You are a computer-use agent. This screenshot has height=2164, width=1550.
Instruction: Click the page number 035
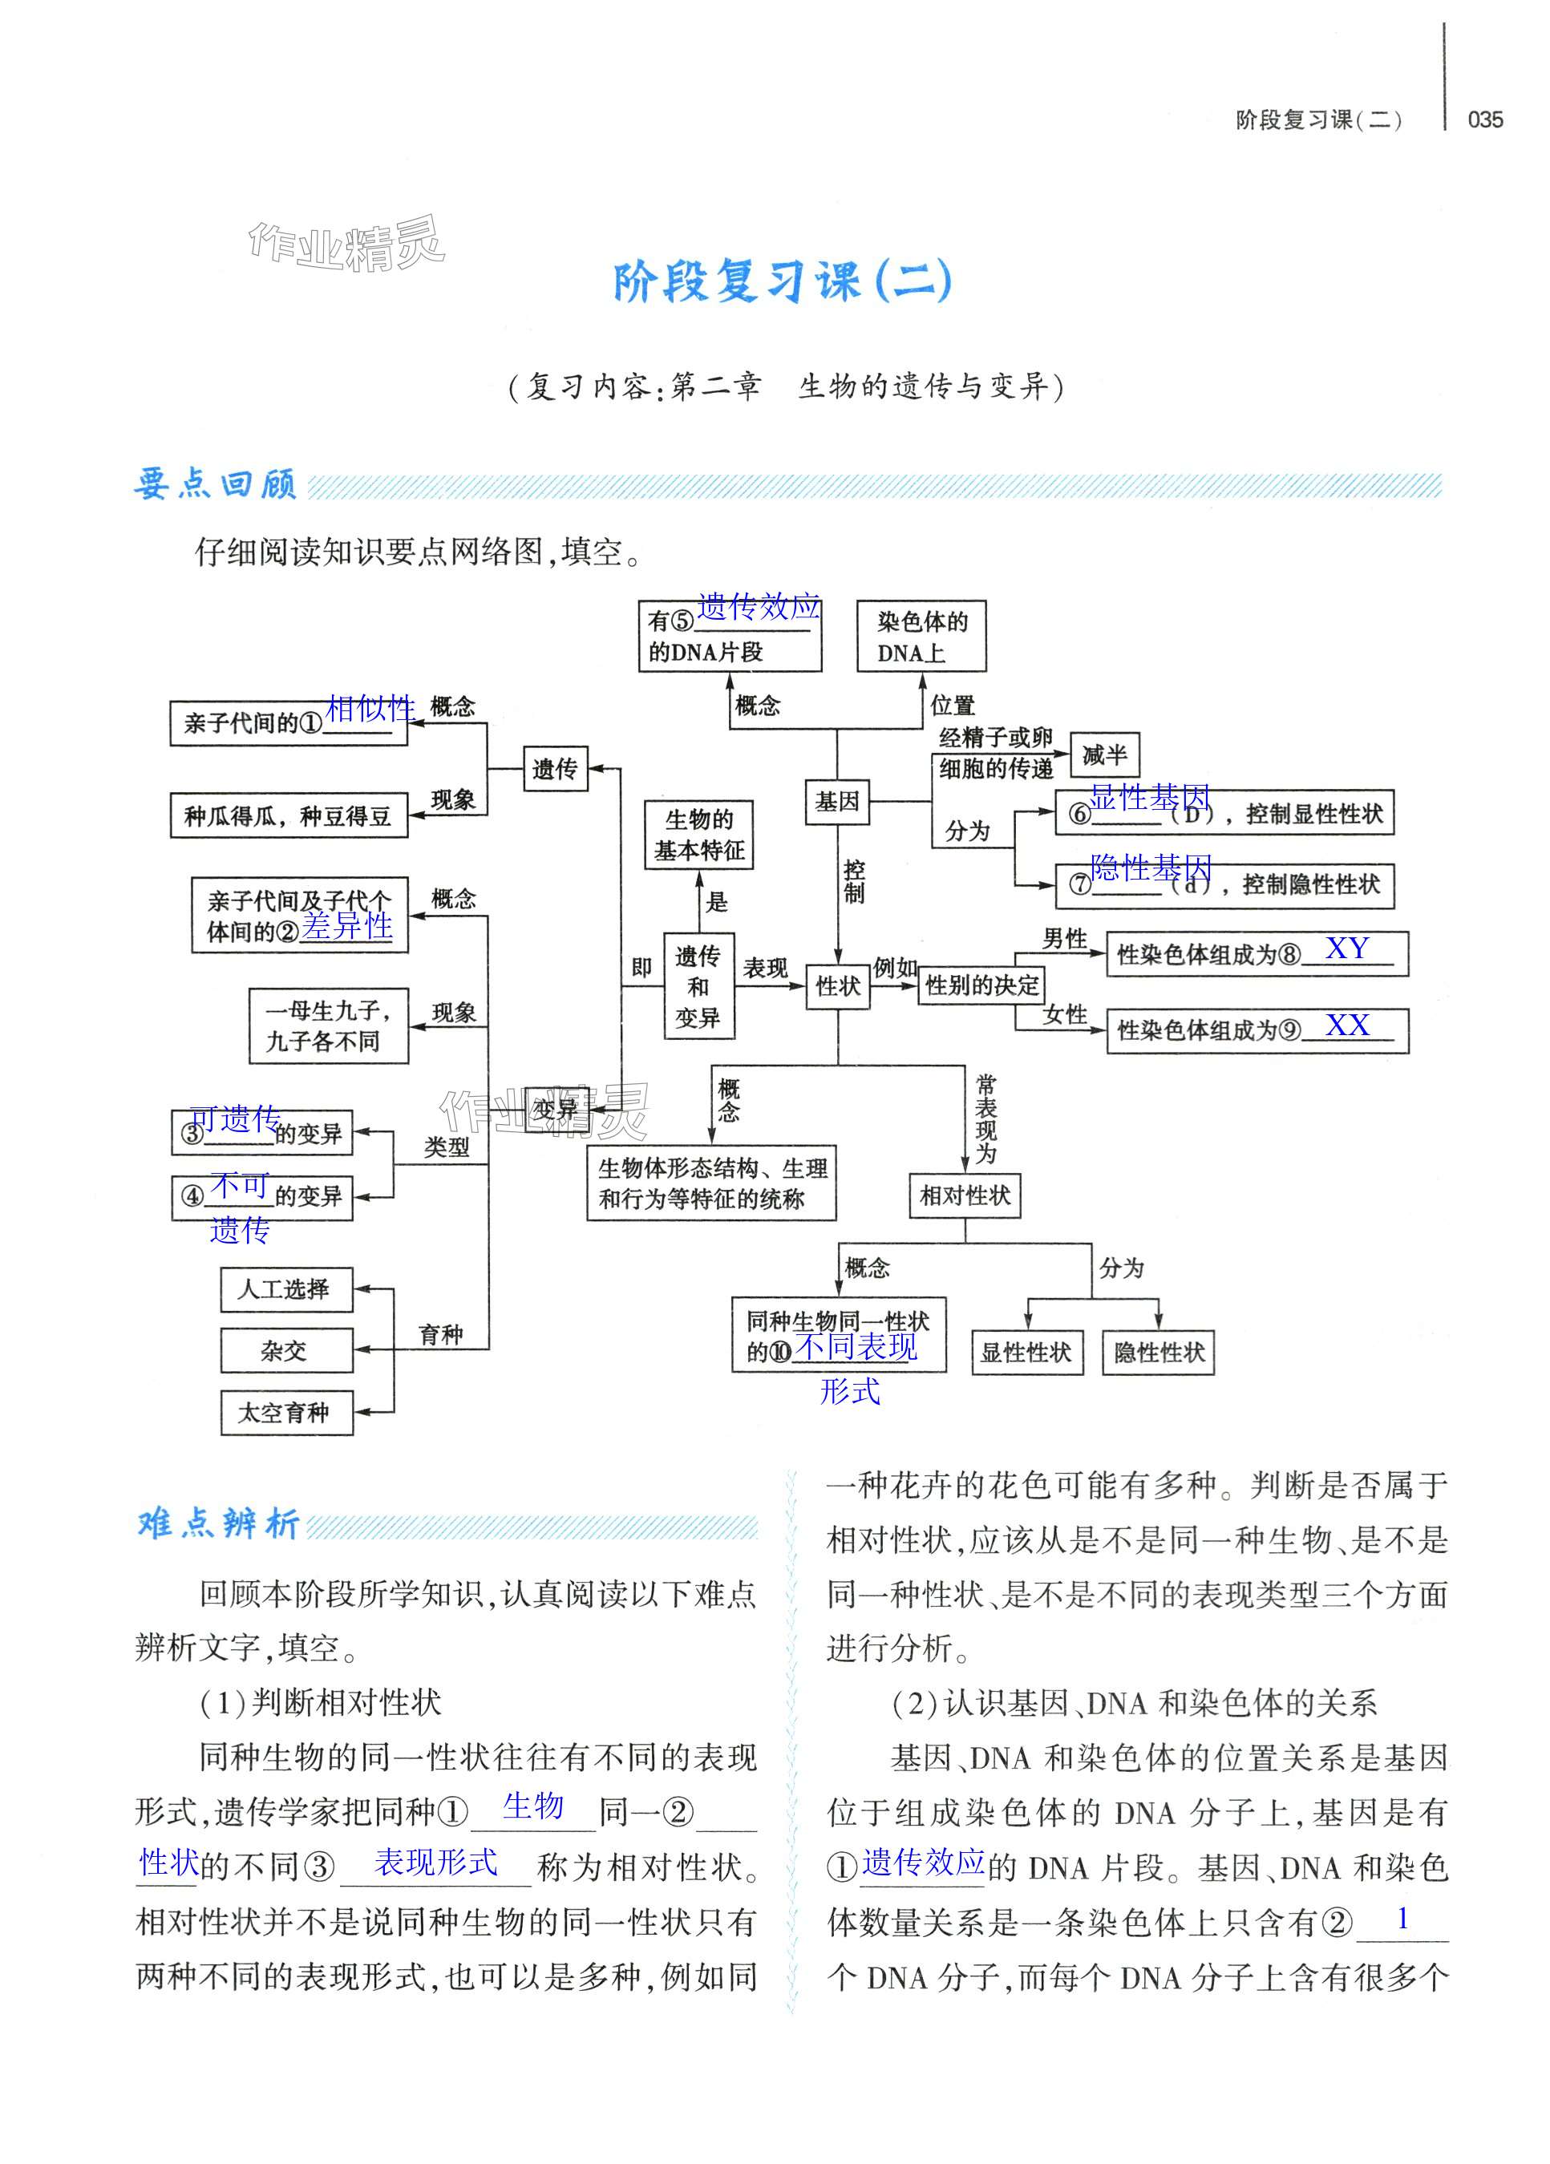[1484, 119]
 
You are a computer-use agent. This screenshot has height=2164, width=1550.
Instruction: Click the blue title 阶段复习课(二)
[782, 281]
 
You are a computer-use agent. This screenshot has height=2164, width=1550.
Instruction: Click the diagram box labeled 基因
[837, 802]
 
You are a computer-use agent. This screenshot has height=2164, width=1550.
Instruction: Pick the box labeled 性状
[838, 985]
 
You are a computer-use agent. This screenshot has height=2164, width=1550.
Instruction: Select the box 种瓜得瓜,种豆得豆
[288, 815]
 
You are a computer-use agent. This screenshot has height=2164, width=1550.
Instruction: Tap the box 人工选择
[286, 1290]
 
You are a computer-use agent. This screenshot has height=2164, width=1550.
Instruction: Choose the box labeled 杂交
[286, 1351]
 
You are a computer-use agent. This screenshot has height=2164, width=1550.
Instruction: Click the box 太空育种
[286, 1413]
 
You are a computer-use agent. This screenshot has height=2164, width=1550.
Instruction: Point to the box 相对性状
[965, 1195]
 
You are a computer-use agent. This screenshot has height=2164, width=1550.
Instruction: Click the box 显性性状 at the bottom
[1027, 1352]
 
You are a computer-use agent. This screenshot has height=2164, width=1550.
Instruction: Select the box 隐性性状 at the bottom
[1159, 1352]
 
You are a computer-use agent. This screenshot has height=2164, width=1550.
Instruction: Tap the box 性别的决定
[982, 985]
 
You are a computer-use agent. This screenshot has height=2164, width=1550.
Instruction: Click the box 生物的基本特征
[698, 835]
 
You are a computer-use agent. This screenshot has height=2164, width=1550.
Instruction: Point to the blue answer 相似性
[370, 708]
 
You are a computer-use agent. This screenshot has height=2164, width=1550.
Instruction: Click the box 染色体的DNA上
[921, 637]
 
